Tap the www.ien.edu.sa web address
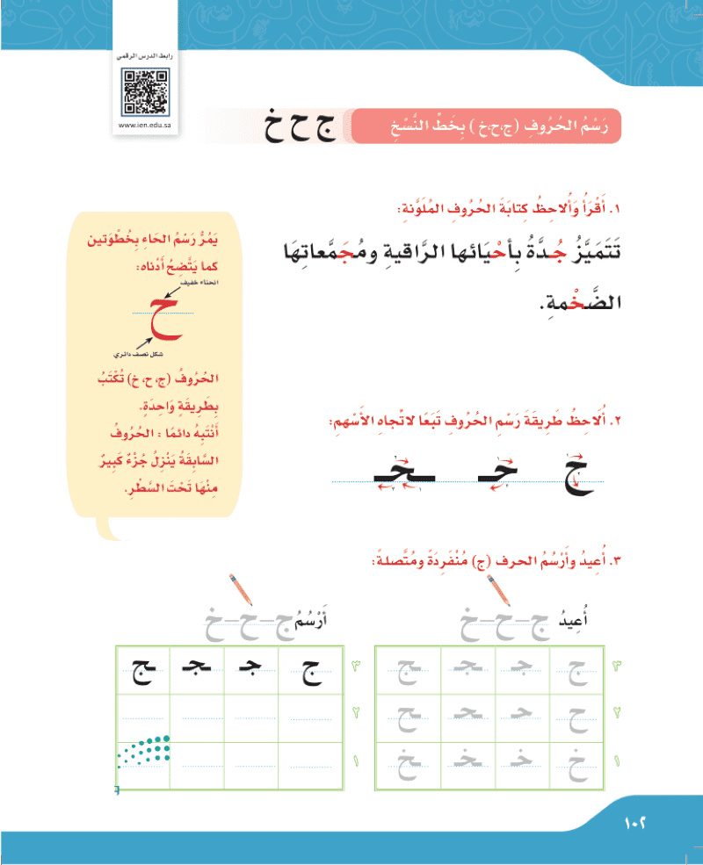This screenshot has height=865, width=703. click(x=147, y=125)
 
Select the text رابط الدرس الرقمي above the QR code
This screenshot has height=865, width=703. click(x=147, y=56)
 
